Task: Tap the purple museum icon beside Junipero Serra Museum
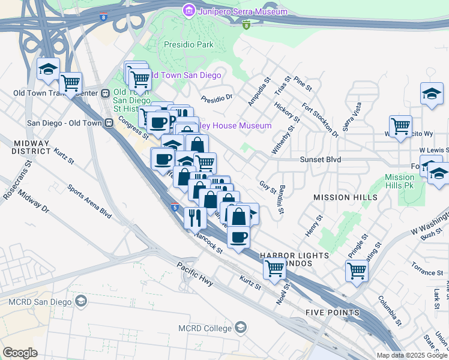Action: pos(190,11)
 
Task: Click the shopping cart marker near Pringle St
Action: pos(357,271)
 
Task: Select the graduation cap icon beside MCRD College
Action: pos(241,328)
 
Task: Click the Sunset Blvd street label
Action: pos(321,160)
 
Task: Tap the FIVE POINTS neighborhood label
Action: pos(332,313)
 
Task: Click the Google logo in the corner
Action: pos(20,352)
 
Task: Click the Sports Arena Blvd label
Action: pos(89,201)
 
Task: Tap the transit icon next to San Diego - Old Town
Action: pos(109,122)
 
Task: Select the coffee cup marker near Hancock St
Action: pos(238,237)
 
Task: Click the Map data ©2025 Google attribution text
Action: pos(411,355)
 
